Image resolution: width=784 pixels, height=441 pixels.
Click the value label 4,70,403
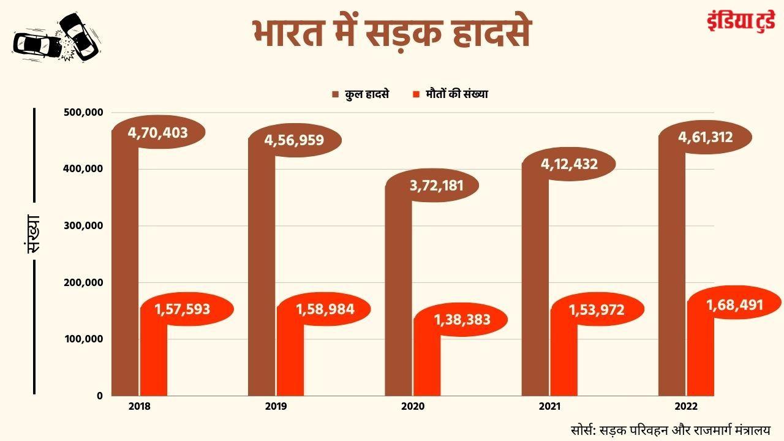pos(157,132)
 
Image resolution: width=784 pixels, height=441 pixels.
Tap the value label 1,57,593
pos(183,309)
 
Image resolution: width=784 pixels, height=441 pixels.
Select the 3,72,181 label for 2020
pos(436,186)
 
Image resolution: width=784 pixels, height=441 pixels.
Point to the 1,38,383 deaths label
pos(462,319)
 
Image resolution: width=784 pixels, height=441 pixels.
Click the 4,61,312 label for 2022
pos(705,137)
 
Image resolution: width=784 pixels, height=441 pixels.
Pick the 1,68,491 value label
pos(734,304)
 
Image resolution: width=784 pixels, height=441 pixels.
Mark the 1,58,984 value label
pos(325,309)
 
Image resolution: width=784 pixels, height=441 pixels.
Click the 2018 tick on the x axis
pos(140,406)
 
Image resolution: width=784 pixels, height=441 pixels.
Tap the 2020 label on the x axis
pos(412,406)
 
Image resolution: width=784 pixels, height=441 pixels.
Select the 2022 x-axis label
pos(685,406)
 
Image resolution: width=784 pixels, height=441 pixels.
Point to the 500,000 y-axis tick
pos(83,113)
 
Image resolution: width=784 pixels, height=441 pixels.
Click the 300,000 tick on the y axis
pos(83,226)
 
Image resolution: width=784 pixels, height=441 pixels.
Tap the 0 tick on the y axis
pos(99,396)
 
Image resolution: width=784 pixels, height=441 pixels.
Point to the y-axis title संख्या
pos(33,233)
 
